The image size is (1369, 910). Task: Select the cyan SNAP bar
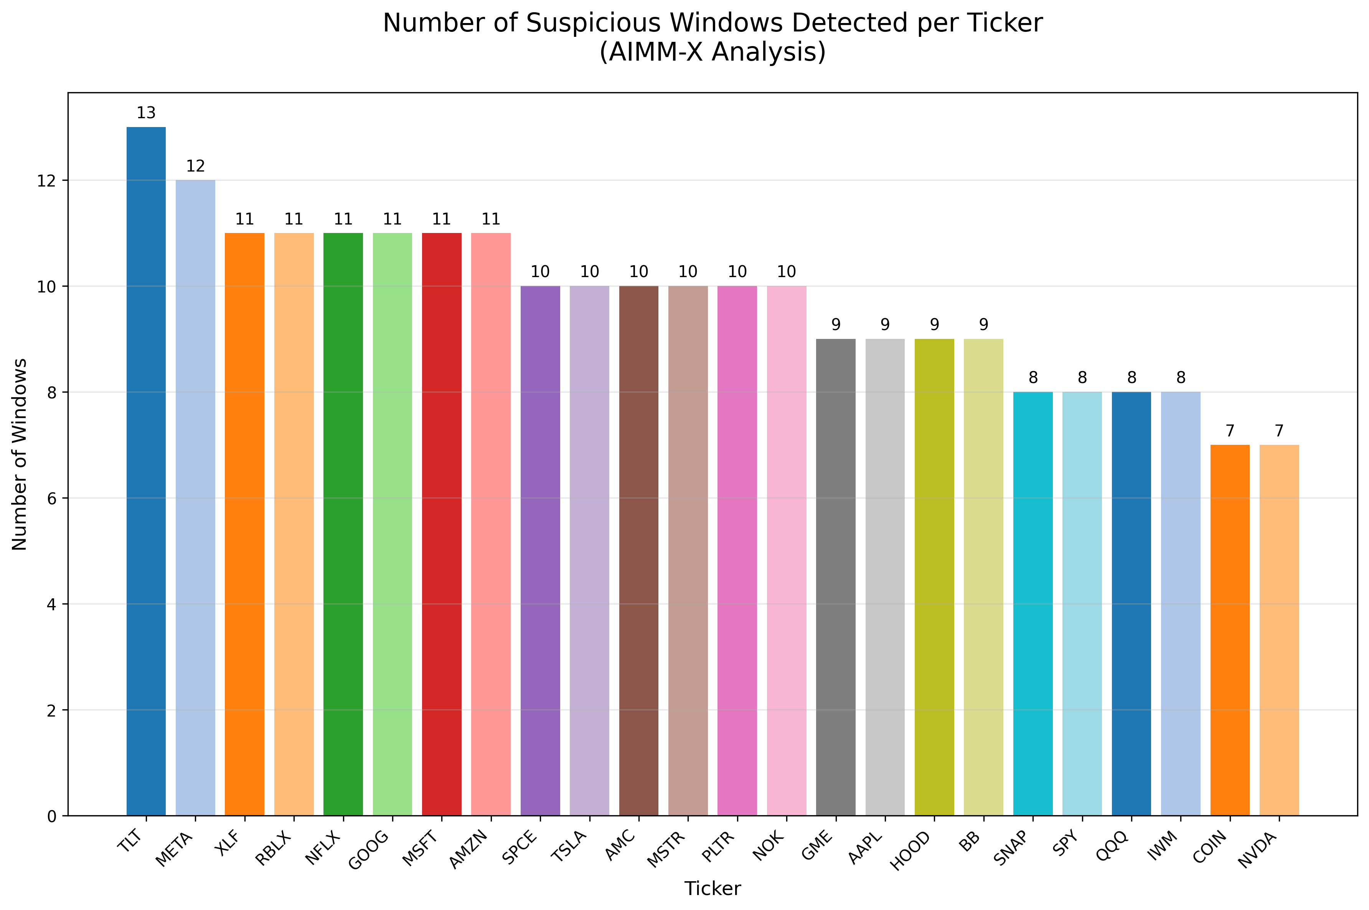point(1033,604)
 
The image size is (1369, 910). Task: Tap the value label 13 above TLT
point(146,113)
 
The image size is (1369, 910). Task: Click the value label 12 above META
point(195,167)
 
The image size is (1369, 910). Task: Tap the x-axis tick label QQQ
point(1113,846)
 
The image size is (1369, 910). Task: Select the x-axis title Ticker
point(713,889)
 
